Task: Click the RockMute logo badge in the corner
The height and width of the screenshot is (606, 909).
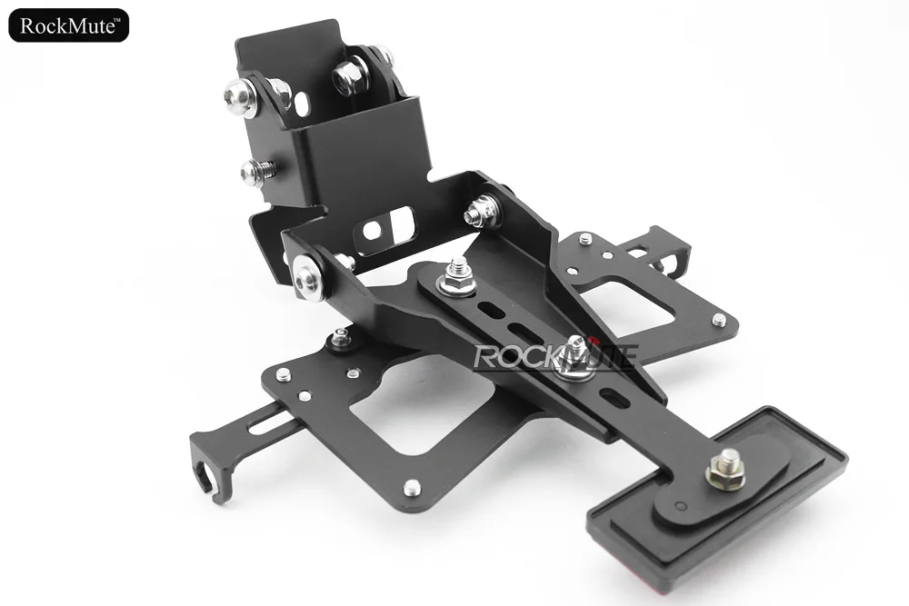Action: tap(68, 25)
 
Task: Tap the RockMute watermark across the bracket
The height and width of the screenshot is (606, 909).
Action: tap(556, 356)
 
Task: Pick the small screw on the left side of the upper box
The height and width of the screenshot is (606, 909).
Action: tap(255, 170)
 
